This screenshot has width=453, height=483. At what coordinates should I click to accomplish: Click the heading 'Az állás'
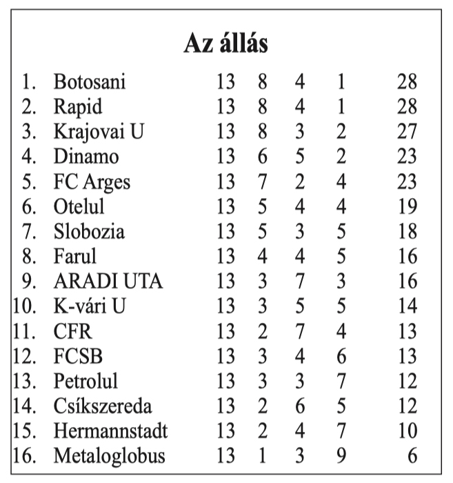pyautogui.click(x=225, y=43)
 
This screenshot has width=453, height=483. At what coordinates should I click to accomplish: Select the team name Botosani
pyautogui.click(x=90, y=81)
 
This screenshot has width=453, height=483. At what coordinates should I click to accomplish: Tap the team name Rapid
pyautogui.click(x=78, y=106)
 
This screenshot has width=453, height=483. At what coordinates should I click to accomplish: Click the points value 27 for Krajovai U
pyautogui.click(x=407, y=131)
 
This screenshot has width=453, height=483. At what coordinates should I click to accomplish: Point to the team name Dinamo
pyautogui.click(x=86, y=156)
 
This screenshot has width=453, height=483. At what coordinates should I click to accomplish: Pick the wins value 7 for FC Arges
pyautogui.click(x=262, y=181)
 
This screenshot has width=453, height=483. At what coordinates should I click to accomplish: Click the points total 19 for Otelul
pyautogui.click(x=407, y=206)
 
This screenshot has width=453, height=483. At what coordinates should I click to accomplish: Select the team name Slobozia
pyautogui.click(x=89, y=231)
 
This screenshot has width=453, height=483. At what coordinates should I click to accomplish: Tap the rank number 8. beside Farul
pyautogui.click(x=28, y=256)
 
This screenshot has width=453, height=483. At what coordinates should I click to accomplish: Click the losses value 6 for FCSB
pyautogui.click(x=341, y=356)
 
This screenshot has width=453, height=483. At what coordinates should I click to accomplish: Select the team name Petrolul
pyautogui.click(x=86, y=381)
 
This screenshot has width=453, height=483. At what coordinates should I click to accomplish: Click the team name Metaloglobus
pyautogui.click(x=110, y=456)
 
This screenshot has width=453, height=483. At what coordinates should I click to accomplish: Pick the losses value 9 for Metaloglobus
pyautogui.click(x=341, y=456)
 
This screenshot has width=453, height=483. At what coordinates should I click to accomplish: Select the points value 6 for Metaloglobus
pyautogui.click(x=412, y=456)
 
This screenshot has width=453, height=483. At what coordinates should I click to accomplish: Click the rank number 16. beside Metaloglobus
pyautogui.click(x=23, y=456)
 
